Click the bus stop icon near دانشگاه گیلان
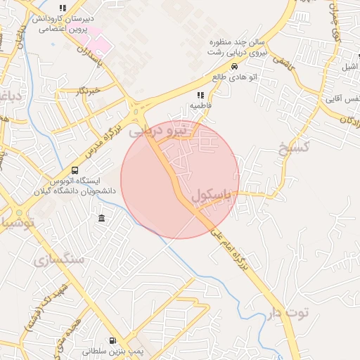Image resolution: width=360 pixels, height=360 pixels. (x=75, y=170)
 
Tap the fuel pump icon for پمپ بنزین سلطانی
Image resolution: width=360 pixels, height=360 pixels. (x=114, y=341)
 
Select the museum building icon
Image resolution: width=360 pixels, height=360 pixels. (x=103, y=219)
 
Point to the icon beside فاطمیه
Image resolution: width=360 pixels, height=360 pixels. (x=200, y=94)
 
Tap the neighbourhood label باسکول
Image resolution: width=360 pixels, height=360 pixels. (x=210, y=196)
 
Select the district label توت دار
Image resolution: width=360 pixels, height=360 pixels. (x=288, y=311)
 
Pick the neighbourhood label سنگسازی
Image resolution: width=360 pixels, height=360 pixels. (x=58, y=259)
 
